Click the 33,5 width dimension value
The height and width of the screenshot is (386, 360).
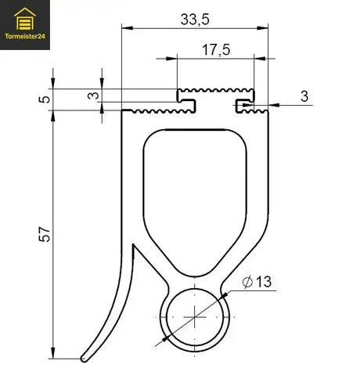194,19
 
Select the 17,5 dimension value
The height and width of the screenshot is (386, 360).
215,49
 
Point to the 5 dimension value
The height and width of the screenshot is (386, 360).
44,99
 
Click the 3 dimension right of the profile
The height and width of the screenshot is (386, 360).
304,96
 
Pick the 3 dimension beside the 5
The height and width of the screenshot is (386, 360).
92,96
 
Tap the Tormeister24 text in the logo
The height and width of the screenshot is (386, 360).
25,34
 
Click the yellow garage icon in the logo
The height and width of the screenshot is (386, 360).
25,16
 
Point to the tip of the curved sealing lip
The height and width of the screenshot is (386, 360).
84,359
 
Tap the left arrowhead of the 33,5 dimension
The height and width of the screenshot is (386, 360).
126,27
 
